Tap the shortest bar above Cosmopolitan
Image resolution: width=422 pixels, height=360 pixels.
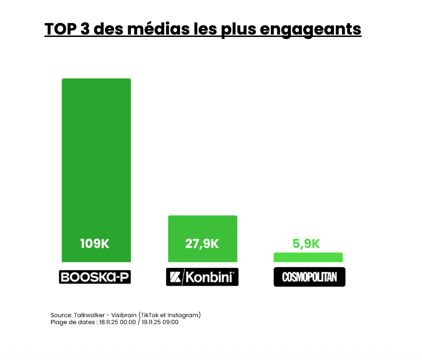click(x=308, y=257)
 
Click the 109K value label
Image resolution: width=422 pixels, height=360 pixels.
click(x=95, y=244)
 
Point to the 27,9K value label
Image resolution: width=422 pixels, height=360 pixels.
click(x=202, y=244)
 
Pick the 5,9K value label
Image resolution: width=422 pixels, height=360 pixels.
click(x=306, y=244)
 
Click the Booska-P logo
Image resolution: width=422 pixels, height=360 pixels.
click(x=95, y=277)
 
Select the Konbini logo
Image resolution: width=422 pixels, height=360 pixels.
click(x=202, y=277)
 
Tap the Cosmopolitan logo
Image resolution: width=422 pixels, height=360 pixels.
click(x=309, y=277)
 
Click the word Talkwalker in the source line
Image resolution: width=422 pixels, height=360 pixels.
click(x=90, y=315)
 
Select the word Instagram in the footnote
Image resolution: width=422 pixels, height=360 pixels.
click(x=184, y=315)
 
